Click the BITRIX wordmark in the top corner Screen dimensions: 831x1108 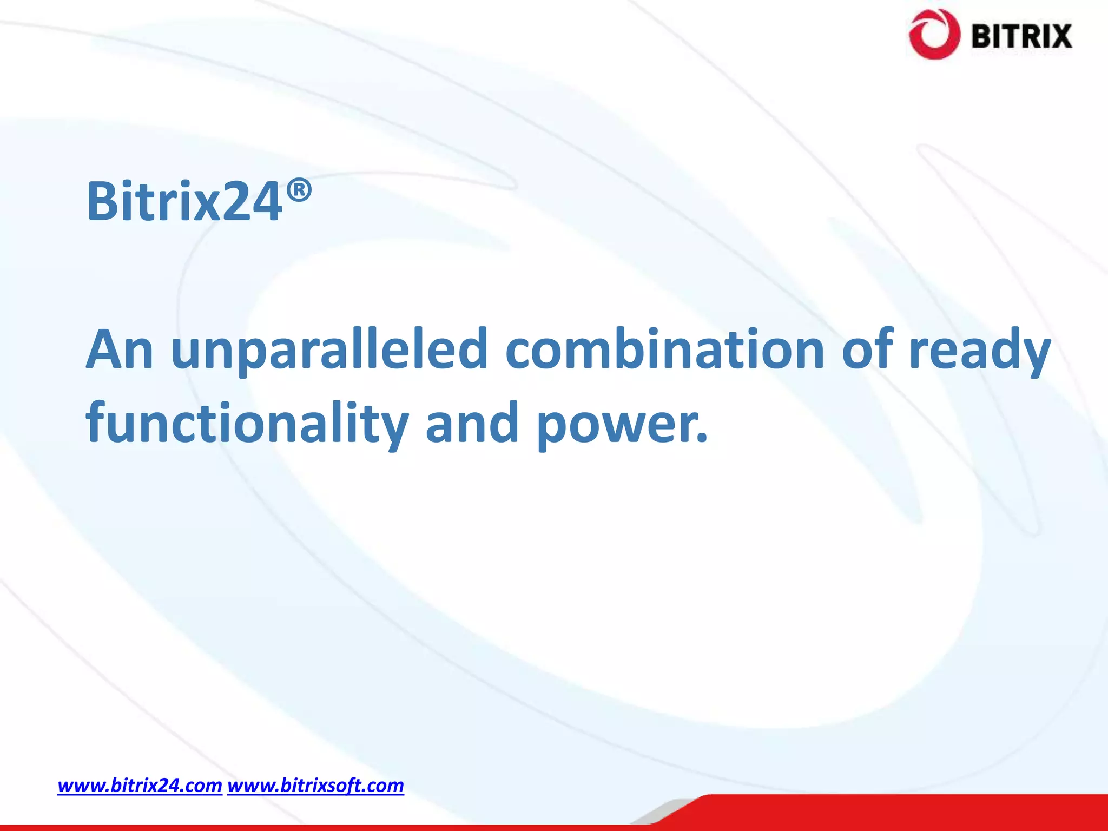pos(1021,37)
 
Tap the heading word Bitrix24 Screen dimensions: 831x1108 pos(184,202)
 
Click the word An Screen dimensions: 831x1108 pos(120,350)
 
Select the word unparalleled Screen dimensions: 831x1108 pos(329,350)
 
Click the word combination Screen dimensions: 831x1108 pos(665,350)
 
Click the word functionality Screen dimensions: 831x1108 pos(247,424)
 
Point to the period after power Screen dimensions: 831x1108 pos(702,438)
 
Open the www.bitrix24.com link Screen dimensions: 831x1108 pos(140,785)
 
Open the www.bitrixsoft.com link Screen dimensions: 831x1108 pos(315,785)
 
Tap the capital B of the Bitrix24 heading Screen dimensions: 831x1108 pos(105,202)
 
